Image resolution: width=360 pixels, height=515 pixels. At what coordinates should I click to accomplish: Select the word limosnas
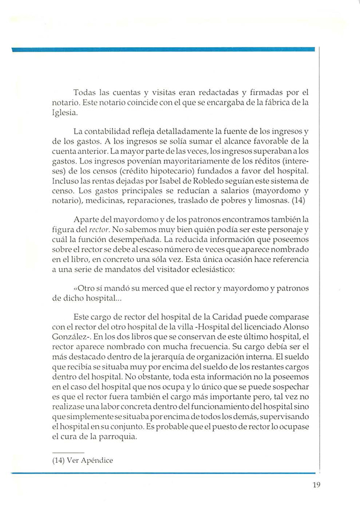(273, 200)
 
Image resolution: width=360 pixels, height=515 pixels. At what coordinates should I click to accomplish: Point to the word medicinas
(104, 200)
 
